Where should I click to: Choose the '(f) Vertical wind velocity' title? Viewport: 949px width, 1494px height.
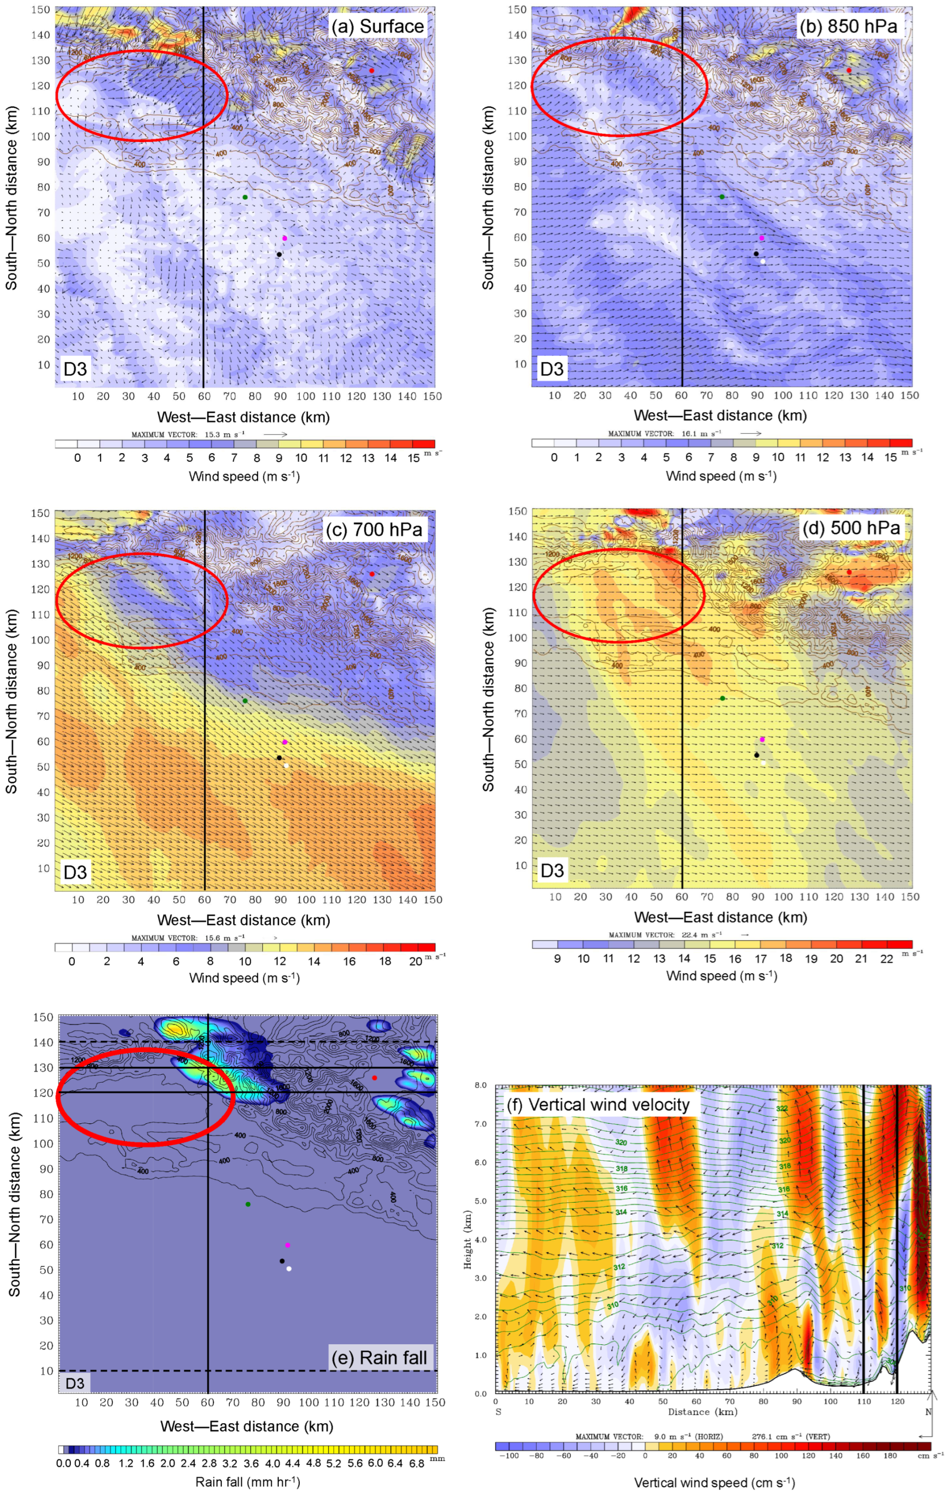(599, 1104)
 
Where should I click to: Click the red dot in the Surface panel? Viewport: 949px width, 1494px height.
(372, 71)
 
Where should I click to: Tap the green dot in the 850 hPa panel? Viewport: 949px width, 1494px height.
(722, 196)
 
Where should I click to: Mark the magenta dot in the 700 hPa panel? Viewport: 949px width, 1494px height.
(285, 742)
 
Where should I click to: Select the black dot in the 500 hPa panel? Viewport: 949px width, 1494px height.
(757, 755)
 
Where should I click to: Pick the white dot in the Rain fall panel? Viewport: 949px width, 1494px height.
(289, 1269)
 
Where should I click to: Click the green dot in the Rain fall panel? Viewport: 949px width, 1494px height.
(248, 1204)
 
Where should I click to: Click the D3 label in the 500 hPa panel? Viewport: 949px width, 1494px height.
(552, 870)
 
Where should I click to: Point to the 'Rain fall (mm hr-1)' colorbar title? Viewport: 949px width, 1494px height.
(247, 1481)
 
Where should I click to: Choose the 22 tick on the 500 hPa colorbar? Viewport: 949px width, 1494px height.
(887, 959)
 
